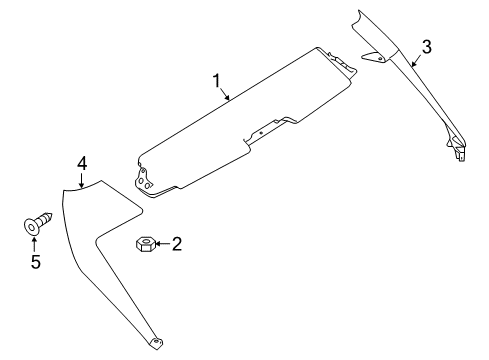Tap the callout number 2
[177, 243]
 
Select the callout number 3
[427, 45]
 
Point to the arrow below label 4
[82, 179]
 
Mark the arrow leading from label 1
[226, 94]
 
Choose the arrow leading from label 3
[417, 59]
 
